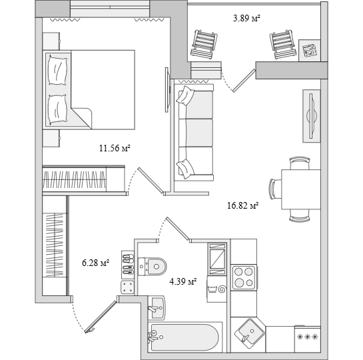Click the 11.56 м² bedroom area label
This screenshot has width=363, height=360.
(115, 148)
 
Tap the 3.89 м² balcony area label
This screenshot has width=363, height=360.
(246, 18)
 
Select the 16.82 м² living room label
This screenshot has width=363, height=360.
(243, 205)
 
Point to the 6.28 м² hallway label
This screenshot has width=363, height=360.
(96, 263)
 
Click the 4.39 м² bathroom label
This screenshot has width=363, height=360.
(183, 281)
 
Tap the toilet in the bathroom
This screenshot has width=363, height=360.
(153, 267)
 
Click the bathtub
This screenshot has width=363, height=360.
(184, 337)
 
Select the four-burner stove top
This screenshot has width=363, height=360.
(244, 277)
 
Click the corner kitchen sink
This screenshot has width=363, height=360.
(250, 333)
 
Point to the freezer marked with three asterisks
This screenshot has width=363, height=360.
(308, 339)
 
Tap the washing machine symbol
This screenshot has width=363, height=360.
(217, 289)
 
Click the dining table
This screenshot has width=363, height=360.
(301, 189)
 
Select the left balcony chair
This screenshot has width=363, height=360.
(204, 44)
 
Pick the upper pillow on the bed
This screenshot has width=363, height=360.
(57, 70)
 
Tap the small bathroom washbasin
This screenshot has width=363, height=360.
(157, 307)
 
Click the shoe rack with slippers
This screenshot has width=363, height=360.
(128, 265)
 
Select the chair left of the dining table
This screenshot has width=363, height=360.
(275, 189)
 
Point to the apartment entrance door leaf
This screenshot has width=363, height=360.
(101, 317)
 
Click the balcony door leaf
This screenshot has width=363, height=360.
(244, 81)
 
